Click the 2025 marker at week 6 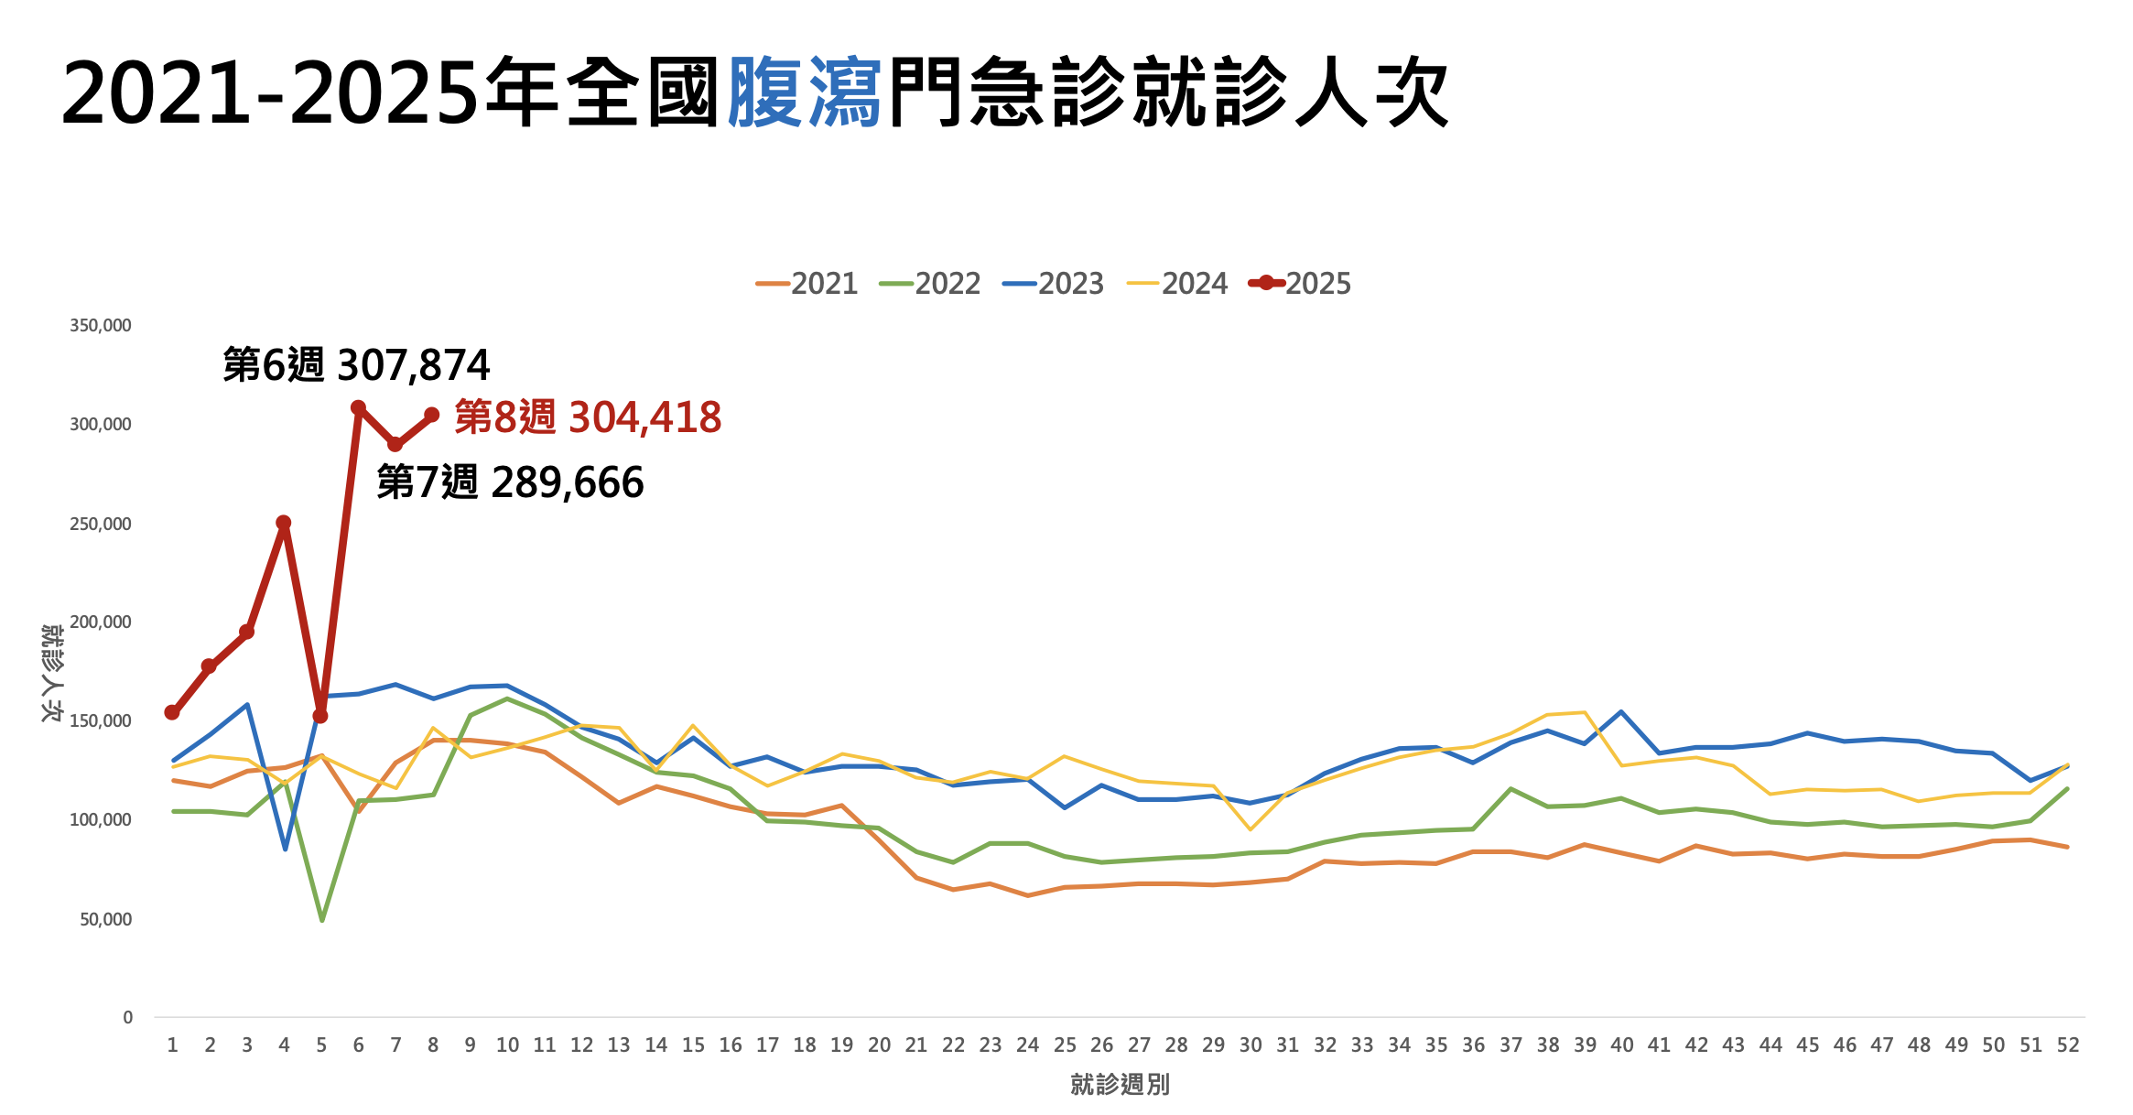point(358,408)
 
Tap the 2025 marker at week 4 point(284,524)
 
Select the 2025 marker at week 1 point(172,712)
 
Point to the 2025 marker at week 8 point(432,416)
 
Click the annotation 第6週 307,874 point(357,365)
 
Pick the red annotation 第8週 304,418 point(588,417)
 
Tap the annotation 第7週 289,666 point(510,482)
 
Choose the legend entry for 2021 point(807,284)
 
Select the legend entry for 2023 point(1055,284)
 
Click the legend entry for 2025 point(1301,284)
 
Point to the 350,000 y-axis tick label point(101,326)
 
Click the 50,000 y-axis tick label point(105,919)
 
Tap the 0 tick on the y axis point(127,1017)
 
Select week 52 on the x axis point(2068,1045)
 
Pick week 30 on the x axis point(1251,1045)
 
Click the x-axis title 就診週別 point(1120,1085)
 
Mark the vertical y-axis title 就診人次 point(51,673)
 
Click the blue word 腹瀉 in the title point(805,92)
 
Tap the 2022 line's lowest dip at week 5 point(321,919)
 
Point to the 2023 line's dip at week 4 point(285,849)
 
